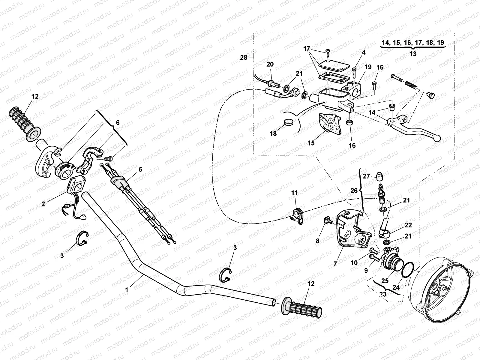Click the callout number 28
(244, 57)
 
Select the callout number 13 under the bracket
(413, 54)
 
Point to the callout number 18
(273, 133)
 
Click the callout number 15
(311, 143)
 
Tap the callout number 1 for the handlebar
(127, 290)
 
